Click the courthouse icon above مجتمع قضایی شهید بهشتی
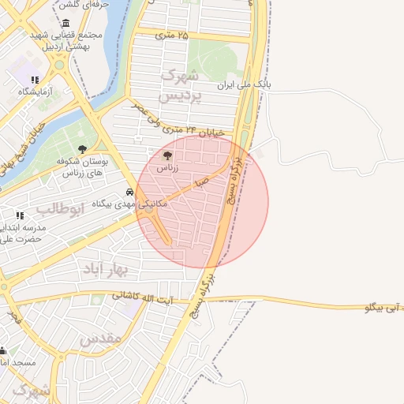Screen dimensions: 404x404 [x=65, y=23]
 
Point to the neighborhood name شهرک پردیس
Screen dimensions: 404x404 [x=181, y=85]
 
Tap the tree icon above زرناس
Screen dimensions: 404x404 [x=166, y=155]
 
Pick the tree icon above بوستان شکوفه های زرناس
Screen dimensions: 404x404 [x=83, y=148]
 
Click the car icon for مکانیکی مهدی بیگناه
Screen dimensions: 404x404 [x=129, y=193]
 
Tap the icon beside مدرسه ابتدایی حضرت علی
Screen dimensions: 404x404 [x=20, y=215]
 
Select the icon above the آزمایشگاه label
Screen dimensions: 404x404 [x=35, y=80]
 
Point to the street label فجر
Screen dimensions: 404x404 [x=13, y=317]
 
